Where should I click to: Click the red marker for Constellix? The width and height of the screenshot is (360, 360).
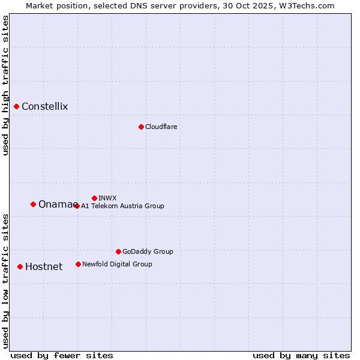coord(17,107)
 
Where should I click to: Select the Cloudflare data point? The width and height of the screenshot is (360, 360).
coord(141,127)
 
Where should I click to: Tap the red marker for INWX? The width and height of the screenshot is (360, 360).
coord(94,198)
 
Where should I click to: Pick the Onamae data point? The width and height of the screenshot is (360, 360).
coord(33,205)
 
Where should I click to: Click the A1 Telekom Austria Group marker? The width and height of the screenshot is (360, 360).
coord(77,206)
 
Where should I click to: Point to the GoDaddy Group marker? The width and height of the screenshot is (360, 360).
coord(118,251)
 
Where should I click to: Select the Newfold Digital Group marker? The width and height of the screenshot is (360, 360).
coord(78,264)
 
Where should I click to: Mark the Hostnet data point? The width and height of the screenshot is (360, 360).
coord(20,266)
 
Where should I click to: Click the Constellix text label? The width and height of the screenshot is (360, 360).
coord(45,107)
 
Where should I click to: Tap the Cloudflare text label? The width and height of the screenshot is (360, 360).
coord(161,127)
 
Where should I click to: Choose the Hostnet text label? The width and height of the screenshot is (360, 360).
coord(44,267)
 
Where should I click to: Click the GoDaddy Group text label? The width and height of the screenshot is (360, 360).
coord(148,251)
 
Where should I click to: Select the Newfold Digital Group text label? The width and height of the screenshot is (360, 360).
coord(117,264)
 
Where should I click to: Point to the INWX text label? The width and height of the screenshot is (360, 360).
coord(107,198)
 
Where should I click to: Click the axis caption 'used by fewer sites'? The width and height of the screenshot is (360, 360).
coord(62,355)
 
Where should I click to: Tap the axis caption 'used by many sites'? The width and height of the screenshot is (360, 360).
coord(301,355)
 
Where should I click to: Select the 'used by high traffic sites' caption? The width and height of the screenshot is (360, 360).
coord(6,85)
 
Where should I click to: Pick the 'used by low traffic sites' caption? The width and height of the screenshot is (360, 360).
coord(6,280)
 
